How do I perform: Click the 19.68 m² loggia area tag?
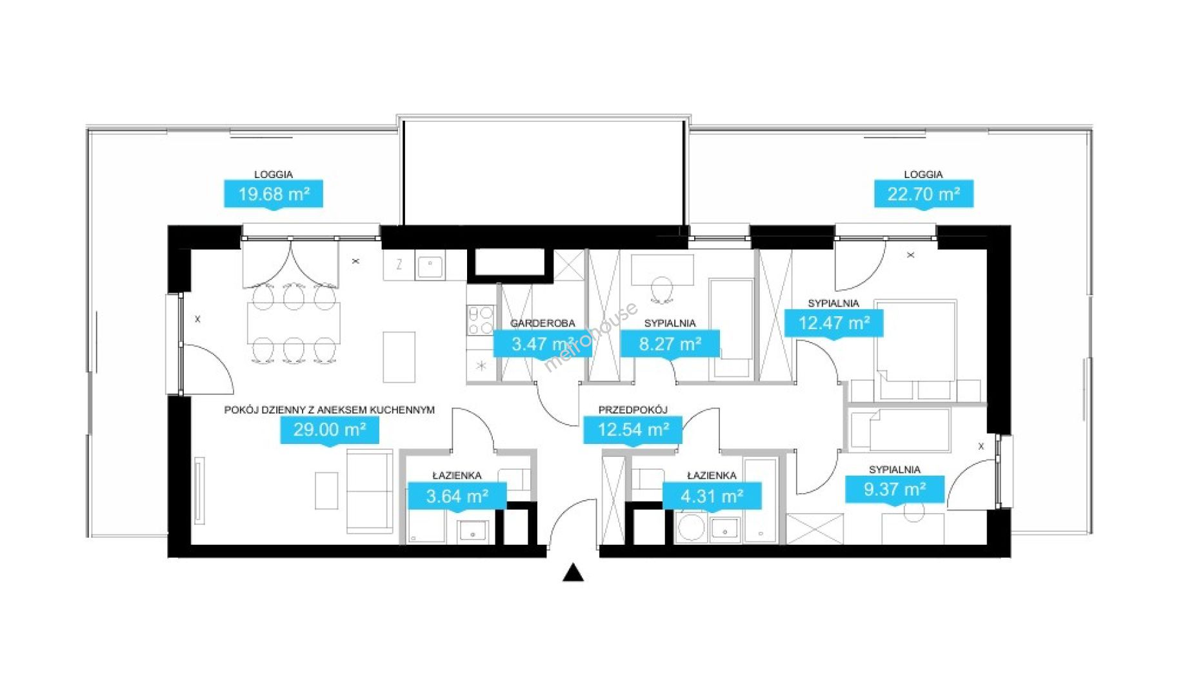pos(274,194)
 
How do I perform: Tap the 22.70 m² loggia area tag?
pos(923,194)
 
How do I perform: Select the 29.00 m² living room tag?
pos(330,429)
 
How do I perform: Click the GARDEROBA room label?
pos(542,323)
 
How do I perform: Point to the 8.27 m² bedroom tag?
pos(670,344)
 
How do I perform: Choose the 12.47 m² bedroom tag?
pos(833,323)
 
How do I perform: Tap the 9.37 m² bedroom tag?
pos(895,489)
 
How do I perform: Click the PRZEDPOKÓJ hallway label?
pos(632,410)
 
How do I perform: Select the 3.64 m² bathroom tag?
pos(457,496)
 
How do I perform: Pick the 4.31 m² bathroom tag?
pos(712,496)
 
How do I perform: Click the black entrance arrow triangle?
pos(573,573)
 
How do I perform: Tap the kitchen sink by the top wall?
pos(429,266)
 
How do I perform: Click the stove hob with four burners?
pos(480,321)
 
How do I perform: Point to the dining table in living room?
pos(294,323)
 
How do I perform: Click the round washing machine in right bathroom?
pos(691,527)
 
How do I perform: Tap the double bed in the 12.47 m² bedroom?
pos(915,342)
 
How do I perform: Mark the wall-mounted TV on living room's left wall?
pos(199,490)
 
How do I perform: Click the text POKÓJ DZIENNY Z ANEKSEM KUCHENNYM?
pos(329,410)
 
